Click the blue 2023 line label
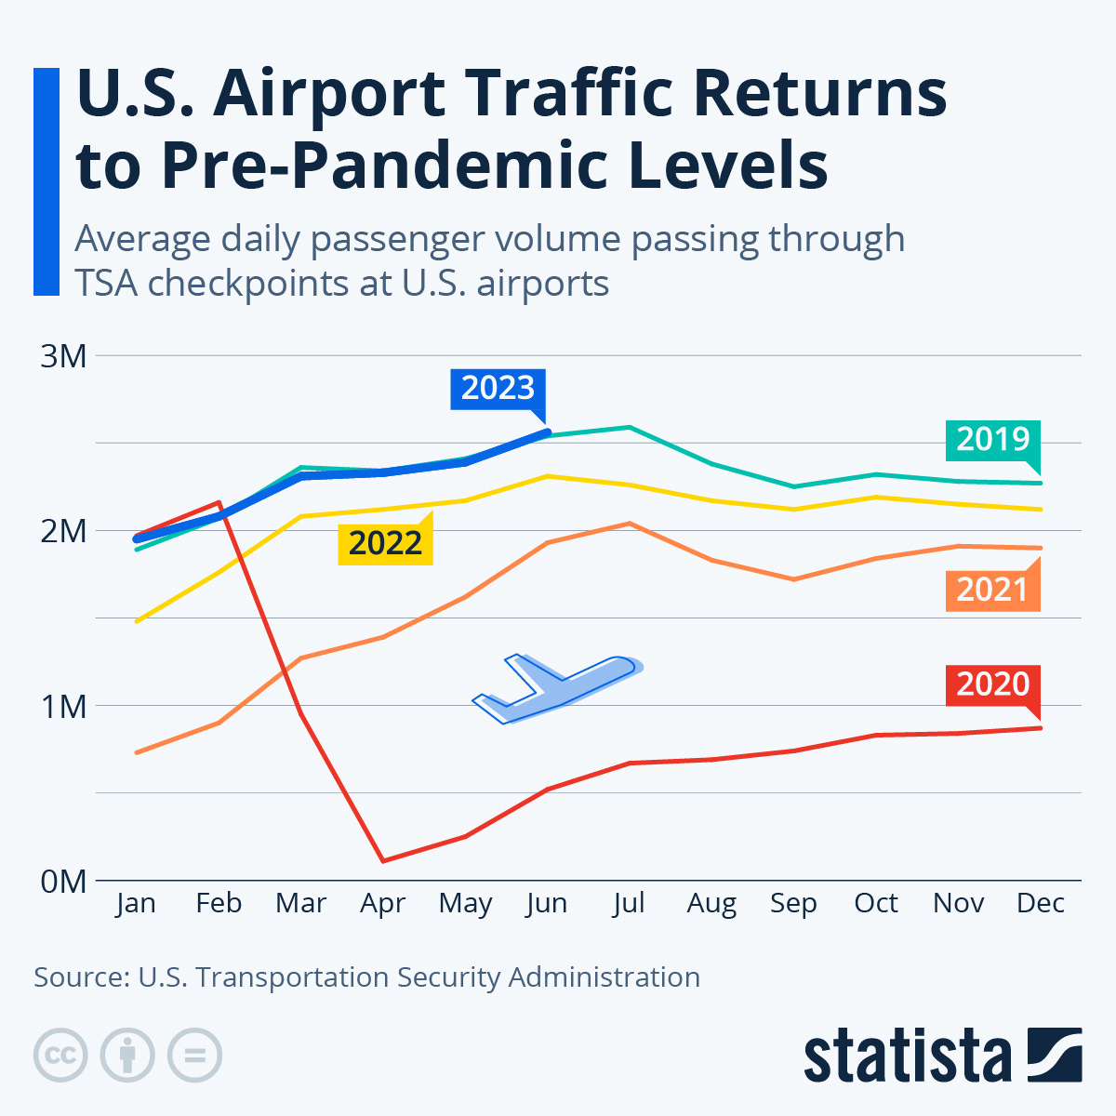[x=498, y=388]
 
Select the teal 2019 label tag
[x=992, y=439]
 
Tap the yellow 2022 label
[x=385, y=543]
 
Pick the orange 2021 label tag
[x=992, y=590]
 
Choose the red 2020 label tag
[x=992, y=684]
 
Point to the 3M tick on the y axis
[x=63, y=355]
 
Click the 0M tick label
[x=63, y=881]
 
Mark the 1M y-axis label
[x=63, y=706]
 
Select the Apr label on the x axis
[x=382, y=903]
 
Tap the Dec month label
[x=1041, y=903]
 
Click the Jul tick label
[x=629, y=903]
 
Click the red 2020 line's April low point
[x=383, y=860]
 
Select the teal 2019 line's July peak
[x=630, y=428]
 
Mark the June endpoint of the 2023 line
[x=548, y=432]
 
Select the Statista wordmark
[x=907, y=1056]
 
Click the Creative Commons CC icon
[x=60, y=1056]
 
